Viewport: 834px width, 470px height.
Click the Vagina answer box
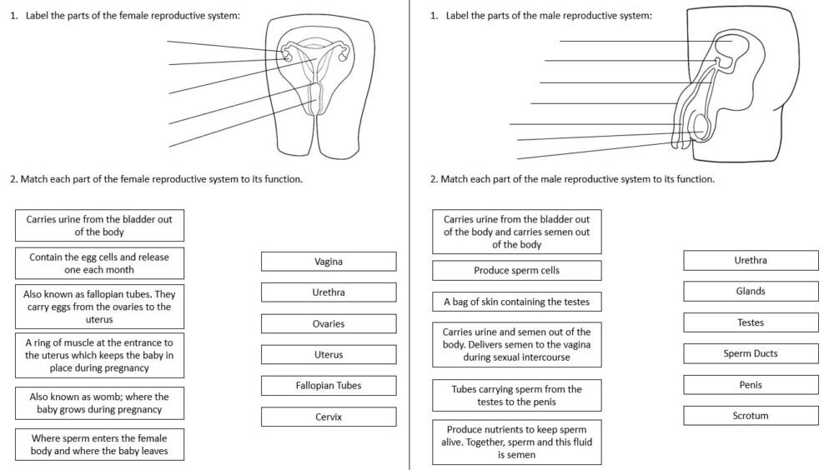tap(329, 262)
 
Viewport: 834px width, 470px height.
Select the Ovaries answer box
tap(329, 323)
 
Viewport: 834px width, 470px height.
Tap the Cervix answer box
tap(329, 417)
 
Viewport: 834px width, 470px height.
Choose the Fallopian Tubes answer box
tap(329, 386)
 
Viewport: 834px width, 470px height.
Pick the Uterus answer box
tap(329, 355)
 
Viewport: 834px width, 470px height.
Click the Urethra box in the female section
tap(329, 292)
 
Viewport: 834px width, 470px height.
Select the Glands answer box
tap(751, 292)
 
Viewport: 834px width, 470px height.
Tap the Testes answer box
tap(751, 322)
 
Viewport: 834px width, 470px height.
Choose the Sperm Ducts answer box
tap(751, 353)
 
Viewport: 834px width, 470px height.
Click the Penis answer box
tap(751, 385)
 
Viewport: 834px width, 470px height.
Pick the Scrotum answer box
tap(751, 416)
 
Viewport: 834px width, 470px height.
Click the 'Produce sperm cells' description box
tap(516, 271)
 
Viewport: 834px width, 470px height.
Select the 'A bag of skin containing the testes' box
tap(516, 302)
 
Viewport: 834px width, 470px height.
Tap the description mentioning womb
tap(99, 403)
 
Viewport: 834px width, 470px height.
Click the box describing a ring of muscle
tap(99, 355)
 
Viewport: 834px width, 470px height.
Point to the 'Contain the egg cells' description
tap(99, 263)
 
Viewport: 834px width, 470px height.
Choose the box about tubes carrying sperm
tap(516, 395)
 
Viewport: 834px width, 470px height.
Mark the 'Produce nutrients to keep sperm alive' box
tap(516, 442)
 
